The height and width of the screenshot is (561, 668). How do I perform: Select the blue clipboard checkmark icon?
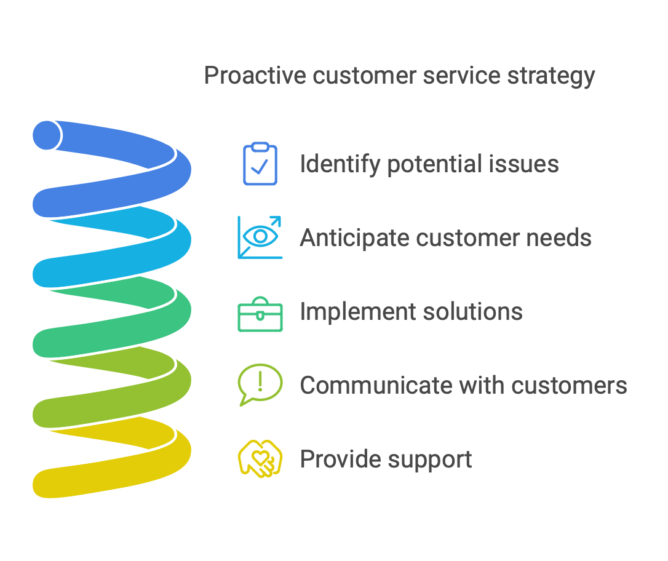point(260,164)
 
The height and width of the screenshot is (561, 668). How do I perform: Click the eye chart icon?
point(260,237)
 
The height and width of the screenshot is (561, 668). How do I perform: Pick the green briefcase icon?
point(260,314)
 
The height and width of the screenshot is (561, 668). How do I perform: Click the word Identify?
point(340,164)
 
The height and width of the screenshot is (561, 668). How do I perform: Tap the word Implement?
point(351,312)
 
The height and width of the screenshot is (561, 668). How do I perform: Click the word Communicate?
point(376,386)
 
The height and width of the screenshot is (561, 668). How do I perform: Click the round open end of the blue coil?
point(47,135)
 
